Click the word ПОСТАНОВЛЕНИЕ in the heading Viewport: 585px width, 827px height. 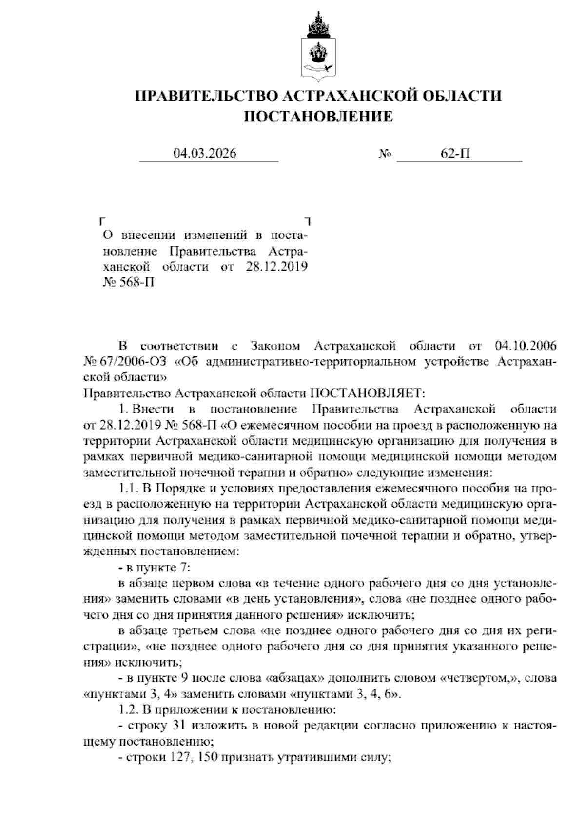[318, 117]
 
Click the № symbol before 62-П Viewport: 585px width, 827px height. [385, 154]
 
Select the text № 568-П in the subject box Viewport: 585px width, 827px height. [129, 282]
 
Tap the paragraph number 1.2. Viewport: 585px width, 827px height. [129, 709]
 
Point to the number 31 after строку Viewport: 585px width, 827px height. [176, 725]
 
